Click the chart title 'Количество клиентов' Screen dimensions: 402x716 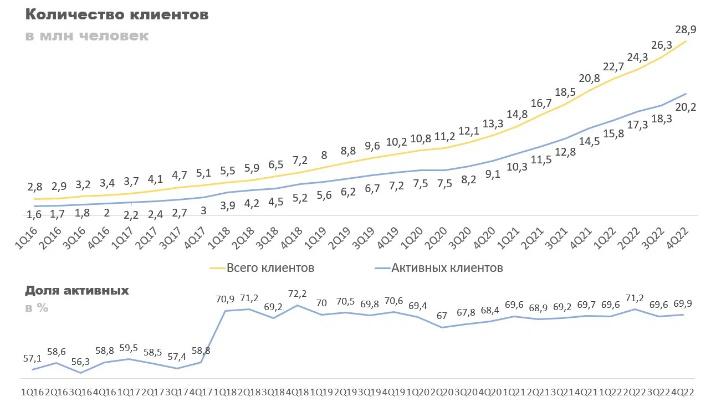coord(117,15)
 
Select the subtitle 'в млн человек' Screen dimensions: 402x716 coord(87,36)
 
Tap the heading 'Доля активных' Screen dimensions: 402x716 coord(77,290)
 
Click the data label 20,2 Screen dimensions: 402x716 coord(686,107)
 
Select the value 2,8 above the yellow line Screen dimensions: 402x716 coord(34,187)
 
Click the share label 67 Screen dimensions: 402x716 coord(442,316)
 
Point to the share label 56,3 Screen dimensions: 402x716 coord(81,362)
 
